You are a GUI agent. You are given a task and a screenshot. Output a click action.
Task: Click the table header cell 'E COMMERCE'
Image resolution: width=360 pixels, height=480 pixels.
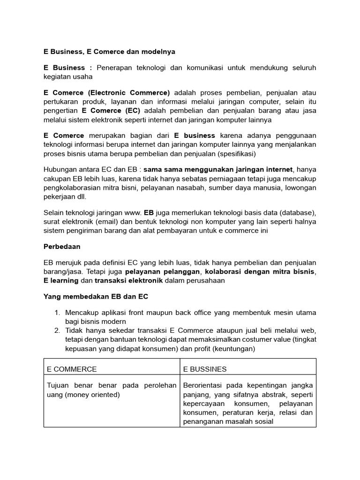72,369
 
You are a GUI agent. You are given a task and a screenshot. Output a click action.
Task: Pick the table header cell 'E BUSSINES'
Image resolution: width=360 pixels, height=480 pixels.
205,369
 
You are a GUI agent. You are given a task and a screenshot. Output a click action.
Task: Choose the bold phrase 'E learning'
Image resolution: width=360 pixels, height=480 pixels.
61,280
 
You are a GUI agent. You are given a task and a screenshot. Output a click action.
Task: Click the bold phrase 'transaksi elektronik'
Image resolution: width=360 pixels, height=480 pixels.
128,280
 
